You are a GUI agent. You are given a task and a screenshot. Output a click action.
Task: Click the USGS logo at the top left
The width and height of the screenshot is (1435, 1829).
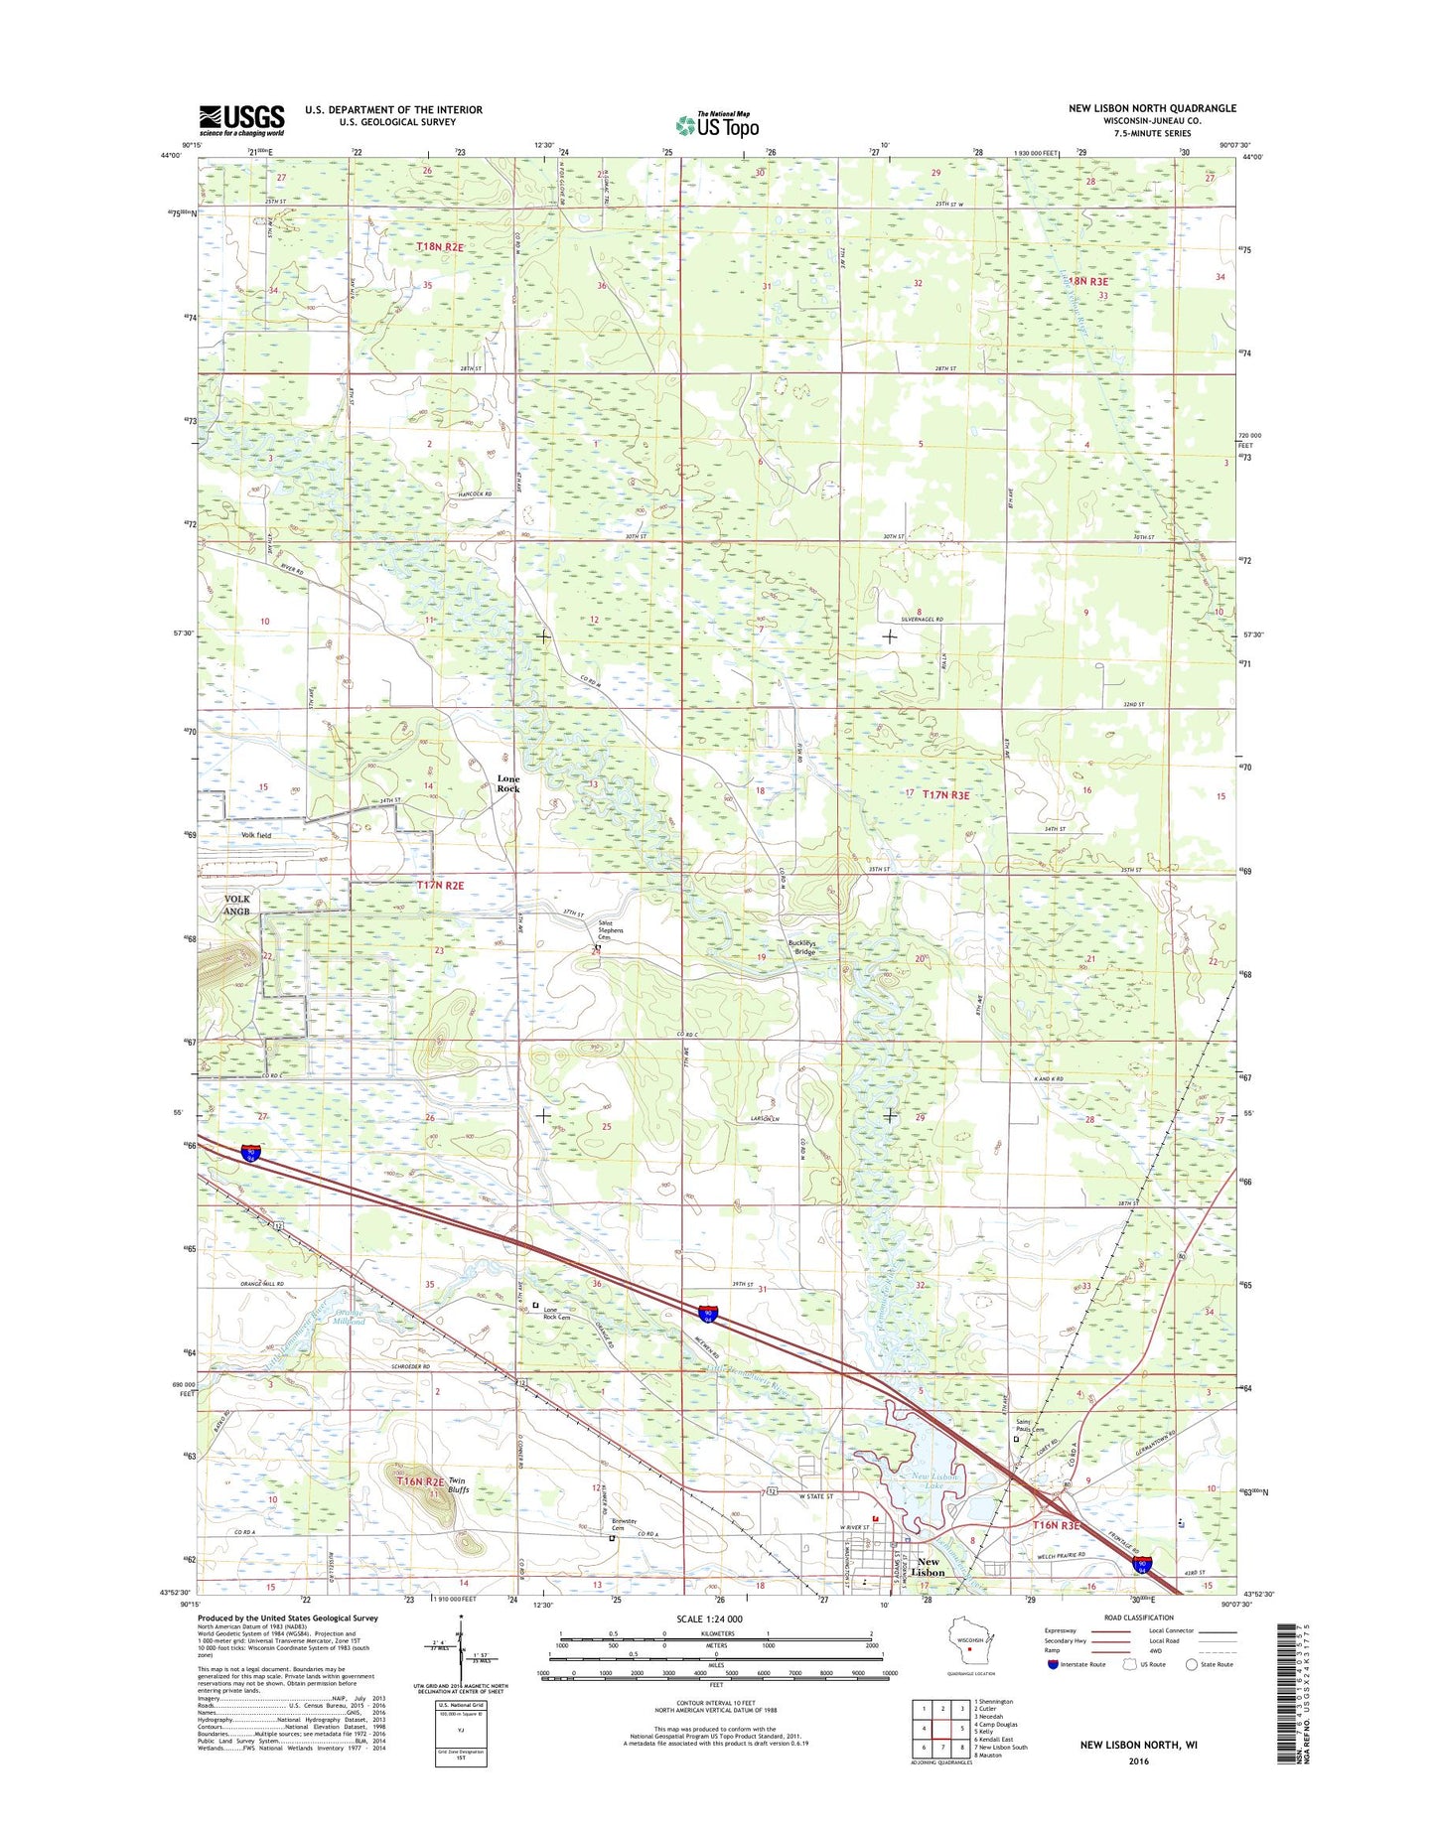point(241,120)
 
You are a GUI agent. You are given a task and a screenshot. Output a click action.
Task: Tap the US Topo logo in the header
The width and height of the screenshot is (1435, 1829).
point(717,125)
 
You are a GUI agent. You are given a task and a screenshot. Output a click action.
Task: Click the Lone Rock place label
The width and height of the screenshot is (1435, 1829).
point(508,783)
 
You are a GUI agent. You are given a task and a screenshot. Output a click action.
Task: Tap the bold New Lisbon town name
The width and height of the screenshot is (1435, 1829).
point(928,1567)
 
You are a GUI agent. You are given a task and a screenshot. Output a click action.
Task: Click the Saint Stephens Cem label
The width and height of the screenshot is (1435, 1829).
point(610,930)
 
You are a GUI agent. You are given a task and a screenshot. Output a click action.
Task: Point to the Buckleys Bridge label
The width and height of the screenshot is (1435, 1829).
point(802,947)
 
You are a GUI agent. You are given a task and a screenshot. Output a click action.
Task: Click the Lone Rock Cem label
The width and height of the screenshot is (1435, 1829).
point(557,1314)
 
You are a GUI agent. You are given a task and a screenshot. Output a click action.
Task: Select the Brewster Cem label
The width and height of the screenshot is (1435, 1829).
point(624,1524)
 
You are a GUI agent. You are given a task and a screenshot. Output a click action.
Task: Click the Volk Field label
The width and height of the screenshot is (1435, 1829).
point(256,835)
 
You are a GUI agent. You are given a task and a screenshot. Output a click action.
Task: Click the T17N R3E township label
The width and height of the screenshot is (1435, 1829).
point(945,794)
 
